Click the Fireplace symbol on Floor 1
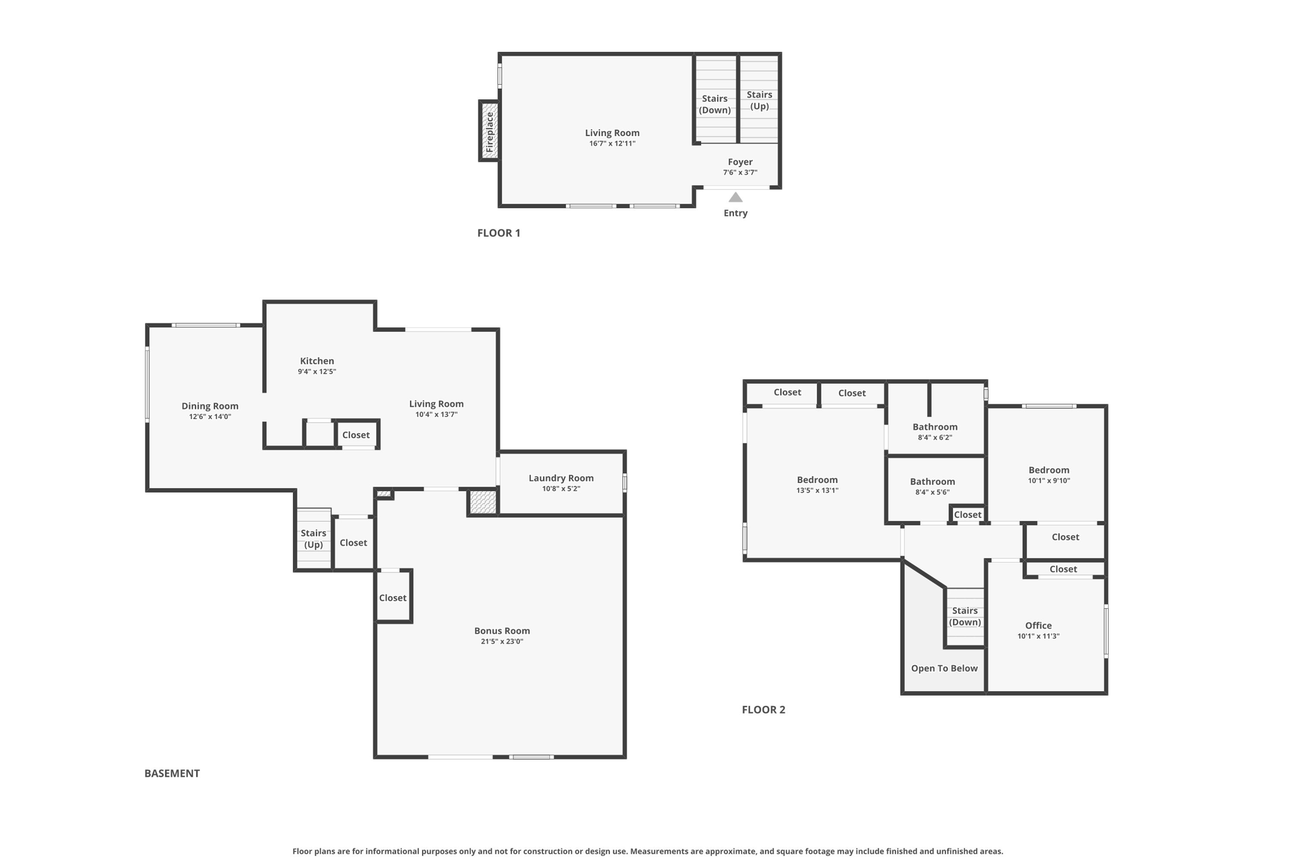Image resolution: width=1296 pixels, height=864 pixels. pos(489,131)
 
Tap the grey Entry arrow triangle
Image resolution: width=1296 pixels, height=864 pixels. pos(735,197)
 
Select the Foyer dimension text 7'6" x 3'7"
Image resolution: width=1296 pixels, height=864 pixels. pos(740,172)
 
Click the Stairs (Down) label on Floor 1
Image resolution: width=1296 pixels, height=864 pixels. pos(714,104)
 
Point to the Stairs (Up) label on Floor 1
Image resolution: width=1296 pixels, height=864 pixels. pos(759,101)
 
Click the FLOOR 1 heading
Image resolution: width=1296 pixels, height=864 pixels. pos(499,233)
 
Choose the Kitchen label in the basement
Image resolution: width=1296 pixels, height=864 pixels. pos(317,361)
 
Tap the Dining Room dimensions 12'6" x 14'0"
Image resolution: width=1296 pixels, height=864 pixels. pos(210,416)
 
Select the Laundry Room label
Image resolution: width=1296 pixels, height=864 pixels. pos(561,478)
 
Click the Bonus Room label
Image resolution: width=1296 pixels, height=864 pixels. pos(502,630)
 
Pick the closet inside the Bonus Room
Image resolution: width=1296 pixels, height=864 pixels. pos(393,598)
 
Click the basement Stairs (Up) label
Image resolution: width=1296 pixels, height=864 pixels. pos(313,539)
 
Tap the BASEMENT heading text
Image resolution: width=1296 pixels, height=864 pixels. pos(172,773)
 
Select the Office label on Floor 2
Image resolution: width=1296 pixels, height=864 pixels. pos(1038,625)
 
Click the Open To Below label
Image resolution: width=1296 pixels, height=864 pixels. pos(944,668)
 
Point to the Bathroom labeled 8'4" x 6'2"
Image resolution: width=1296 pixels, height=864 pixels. pos(935,427)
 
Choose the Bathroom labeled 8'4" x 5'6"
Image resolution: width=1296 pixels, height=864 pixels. pos(932,482)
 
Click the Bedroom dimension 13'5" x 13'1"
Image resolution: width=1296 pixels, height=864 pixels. pos(817,491)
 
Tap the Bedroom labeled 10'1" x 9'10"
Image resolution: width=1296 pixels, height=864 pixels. pos(1049,470)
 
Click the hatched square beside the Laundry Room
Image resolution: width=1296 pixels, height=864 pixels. pos(483,503)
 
